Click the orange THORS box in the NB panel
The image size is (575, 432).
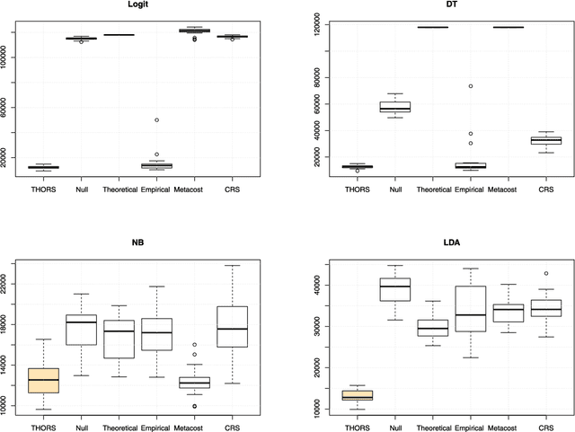(43, 380)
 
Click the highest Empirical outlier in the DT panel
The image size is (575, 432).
(470, 86)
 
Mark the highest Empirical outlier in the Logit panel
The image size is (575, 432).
(156, 119)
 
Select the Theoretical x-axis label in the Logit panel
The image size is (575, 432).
(119, 190)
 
